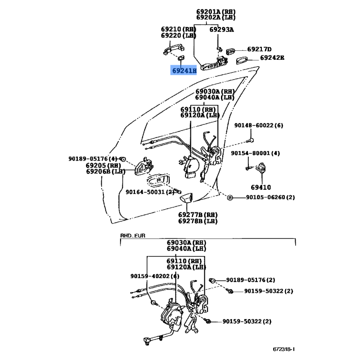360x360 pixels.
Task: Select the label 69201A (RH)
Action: (x=216, y=12)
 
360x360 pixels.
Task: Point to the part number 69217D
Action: (x=259, y=49)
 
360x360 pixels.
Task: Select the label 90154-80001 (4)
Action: (x=255, y=153)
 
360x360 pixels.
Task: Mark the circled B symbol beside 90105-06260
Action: (x=229, y=198)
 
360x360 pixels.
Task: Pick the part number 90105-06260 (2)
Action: (x=270, y=198)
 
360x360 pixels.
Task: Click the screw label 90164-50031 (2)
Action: (x=150, y=192)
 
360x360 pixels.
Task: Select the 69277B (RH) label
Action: (x=198, y=215)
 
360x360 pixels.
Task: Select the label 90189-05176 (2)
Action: (x=251, y=280)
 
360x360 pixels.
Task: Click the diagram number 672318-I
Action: (x=284, y=349)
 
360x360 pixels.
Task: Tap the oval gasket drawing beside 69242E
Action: (x=242, y=61)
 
